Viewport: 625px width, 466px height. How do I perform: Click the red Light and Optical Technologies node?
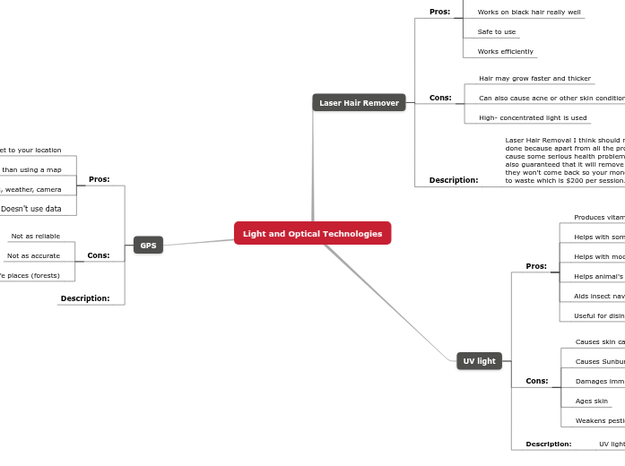[312, 233]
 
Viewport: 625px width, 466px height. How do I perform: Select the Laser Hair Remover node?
[359, 103]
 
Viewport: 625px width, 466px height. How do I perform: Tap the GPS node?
[148, 245]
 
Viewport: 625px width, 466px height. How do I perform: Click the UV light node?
[479, 361]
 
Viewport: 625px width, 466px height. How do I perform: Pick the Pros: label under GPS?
[99, 179]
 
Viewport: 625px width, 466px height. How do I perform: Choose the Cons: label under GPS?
[98, 255]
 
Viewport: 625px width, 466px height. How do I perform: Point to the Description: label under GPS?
[85, 298]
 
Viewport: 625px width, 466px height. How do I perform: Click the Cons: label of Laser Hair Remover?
[440, 98]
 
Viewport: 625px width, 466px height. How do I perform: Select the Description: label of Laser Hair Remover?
[453, 180]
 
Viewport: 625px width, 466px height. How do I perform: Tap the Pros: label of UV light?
[536, 266]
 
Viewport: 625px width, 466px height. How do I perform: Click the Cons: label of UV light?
[536, 381]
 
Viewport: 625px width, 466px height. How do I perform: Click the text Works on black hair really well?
[528, 13]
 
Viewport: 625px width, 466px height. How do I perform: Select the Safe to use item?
[496, 32]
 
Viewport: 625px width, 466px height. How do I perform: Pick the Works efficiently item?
[505, 52]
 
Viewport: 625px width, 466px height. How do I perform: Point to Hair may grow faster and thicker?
[534, 79]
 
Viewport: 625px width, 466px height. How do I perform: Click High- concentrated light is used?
[533, 118]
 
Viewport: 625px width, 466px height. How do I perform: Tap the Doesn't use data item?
[30, 209]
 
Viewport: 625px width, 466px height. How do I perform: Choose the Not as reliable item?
[35, 237]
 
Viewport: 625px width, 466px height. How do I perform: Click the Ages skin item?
[591, 401]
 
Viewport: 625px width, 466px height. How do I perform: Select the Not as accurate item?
[33, 256]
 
